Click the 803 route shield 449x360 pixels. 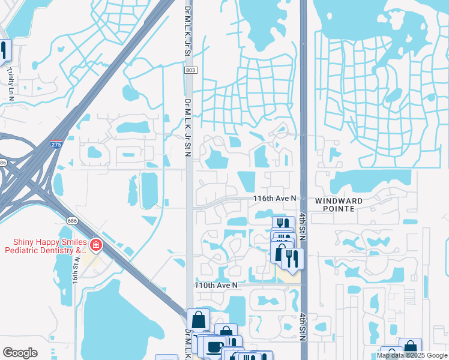tap(190, 71)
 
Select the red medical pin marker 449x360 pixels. tap(95, 245)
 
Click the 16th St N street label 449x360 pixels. tap(77, 272)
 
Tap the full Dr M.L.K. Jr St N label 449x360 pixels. tap(188, 127)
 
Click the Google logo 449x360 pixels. tap(20, 353)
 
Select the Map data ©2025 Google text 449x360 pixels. tap(412, 355)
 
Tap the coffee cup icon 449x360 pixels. tap(214, 346)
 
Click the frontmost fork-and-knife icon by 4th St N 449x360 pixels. tap(292, 259)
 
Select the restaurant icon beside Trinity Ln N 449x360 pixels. tap(4, 50)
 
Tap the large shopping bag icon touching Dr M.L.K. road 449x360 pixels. tap(199, 320)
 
